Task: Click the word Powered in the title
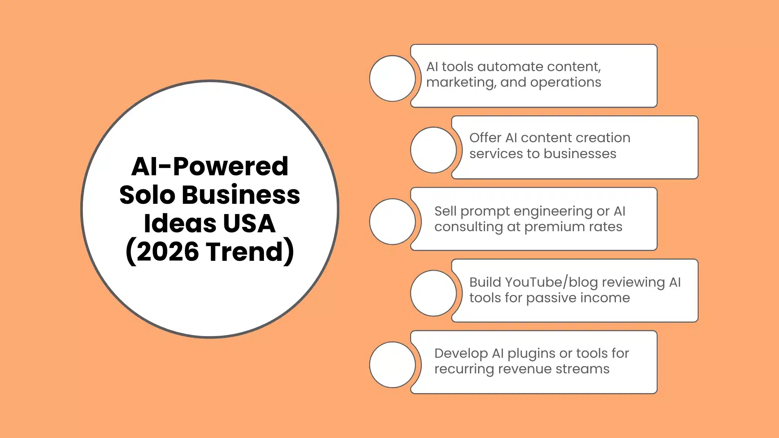click(231, 167)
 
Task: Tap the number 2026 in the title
click(167, 251)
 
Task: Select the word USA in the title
click(249, 223)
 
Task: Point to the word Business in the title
click(241, 195)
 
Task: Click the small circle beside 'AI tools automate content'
click(392, 78)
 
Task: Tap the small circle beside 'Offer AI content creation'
click(433, 150)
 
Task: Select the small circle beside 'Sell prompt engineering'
click(392, 221)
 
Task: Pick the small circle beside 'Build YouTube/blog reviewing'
click(433, 293)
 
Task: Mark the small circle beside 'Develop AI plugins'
click(392, 365)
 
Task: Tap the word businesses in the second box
click(580, 154)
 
